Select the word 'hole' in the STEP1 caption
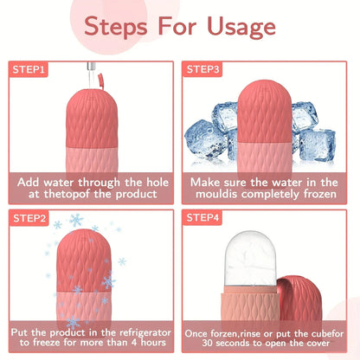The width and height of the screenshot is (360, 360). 157,183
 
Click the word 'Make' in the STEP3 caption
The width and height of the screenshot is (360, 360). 207,183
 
